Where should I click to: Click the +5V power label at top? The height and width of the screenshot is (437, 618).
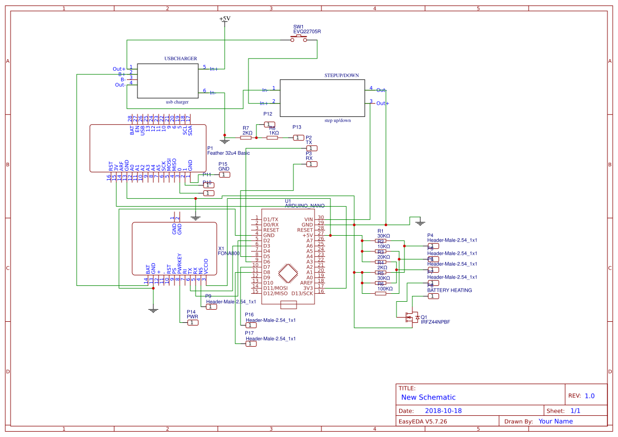click(x=225, y=18)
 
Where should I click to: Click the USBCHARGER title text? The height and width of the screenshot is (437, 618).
click(x=181, y=59)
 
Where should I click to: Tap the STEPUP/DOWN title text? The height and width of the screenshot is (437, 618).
click(x=342, y=76)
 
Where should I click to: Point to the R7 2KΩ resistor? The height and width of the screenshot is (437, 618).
click(x=246, y=137)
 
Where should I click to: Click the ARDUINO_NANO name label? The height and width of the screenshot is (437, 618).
click(x=305, y=206)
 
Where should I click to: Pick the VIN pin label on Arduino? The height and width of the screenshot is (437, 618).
click(x=308, y=219)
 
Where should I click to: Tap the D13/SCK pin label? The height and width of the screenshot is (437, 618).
click(x=302, y=293)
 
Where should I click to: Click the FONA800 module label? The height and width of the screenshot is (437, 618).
click(x=228, y=254)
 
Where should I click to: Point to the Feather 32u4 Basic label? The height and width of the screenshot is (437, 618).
click(x=228, y=153)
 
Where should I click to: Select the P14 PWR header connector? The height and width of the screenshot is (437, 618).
click(x=192, y=322)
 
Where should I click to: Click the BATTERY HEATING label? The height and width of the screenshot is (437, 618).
click(x=449, y=290)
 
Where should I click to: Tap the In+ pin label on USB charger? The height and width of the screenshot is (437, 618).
click(x=214, y=69)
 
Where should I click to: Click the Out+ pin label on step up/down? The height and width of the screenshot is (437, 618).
click(x=382, y=104)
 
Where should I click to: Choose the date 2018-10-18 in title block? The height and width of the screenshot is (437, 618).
click(x=443, y=411)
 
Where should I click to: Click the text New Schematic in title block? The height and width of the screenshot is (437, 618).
click(x=428, y=397)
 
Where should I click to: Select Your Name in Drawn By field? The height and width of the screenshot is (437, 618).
click(x=555, y=422)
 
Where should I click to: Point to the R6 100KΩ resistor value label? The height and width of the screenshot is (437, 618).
click(x=385, y=289)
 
